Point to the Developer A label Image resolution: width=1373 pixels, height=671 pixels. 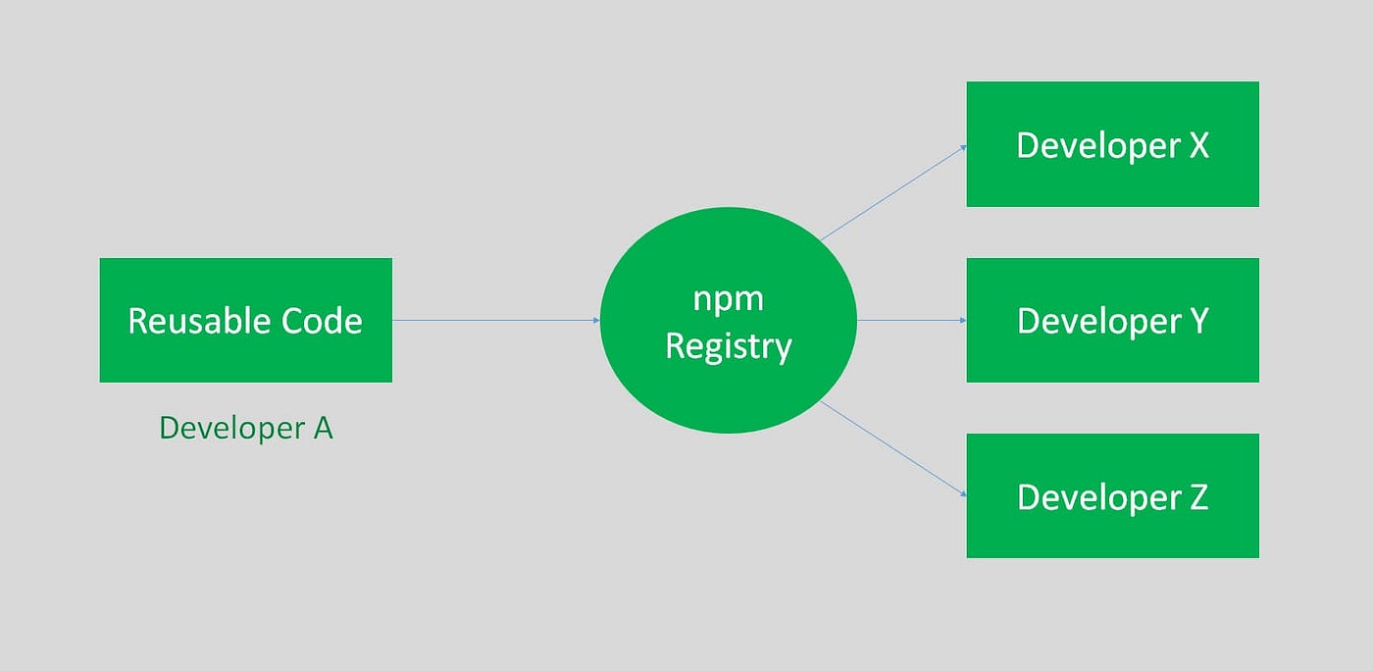click(x=245, y=428)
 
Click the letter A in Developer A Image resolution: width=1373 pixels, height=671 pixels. click(x=323, y=428)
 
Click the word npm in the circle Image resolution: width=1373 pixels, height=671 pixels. click(x=728, y=298)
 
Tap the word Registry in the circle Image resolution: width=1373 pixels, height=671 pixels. click(x=728, y=345)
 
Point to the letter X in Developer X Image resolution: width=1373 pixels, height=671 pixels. click(x=1198, y=145)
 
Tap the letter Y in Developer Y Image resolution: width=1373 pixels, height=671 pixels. click(x=1198, y=321)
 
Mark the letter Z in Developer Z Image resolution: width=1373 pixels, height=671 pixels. click(x=1198, y=497)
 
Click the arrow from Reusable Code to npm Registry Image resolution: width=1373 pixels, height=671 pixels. click(x=495, y=320)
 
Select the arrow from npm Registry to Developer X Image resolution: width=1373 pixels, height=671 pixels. click(x=893, y=192)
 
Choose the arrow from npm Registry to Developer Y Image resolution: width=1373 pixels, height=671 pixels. click(x=911, y=320)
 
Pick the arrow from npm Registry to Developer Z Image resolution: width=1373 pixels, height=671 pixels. click(x=893, y=448)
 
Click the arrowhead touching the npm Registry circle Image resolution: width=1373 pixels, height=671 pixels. click(x=596, y=320)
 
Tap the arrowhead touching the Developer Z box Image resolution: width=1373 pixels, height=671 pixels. click(x=962, y=493)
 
